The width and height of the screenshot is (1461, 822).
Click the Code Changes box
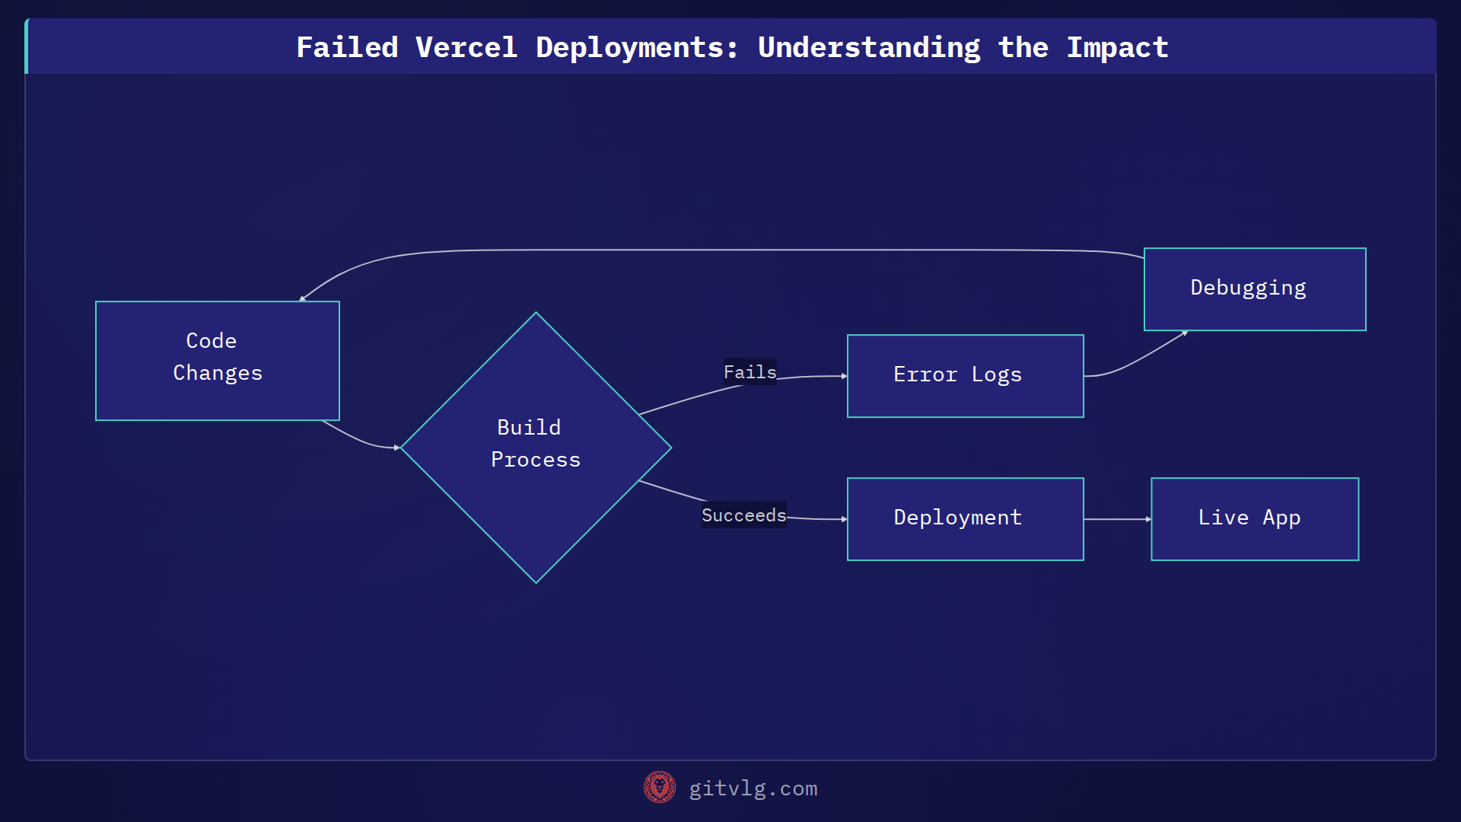pos(217,361)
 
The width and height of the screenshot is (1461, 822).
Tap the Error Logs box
pos(965,376)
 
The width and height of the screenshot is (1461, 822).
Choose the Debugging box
pos(1255,289)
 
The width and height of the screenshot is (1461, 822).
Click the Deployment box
pos(965,519)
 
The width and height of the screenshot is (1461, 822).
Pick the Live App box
pos(1255,519)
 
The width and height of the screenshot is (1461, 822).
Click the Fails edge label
pos(750,372)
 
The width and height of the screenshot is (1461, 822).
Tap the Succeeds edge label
pos(743,515)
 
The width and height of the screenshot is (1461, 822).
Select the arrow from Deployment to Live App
pos(1117,519)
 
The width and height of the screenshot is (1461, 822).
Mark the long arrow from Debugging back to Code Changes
pos(723,250)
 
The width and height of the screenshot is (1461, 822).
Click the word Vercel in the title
pos(466,48)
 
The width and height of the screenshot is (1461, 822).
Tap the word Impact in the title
pos(1116,48)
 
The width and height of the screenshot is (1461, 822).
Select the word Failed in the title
pos(347,48)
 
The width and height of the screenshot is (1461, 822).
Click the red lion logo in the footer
pos(659,788)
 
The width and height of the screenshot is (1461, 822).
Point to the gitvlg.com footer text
pos(753,789)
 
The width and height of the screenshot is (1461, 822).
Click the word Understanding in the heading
pos(869,48)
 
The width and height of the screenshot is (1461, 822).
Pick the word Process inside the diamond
pos(536,460)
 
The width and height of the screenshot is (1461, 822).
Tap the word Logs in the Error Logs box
pos(996,375)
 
